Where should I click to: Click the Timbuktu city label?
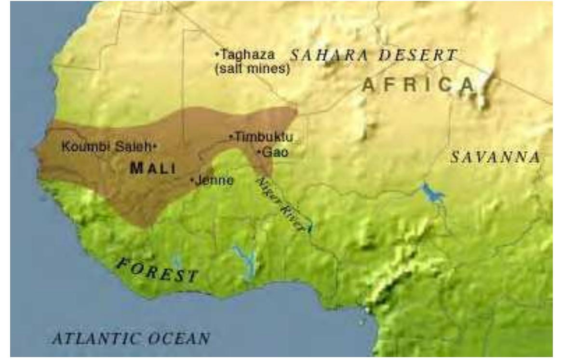click(264, 137)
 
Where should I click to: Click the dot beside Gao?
click(259, 152)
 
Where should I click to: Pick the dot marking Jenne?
click(193, 181)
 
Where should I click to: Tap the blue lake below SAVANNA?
click(432, 193)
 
